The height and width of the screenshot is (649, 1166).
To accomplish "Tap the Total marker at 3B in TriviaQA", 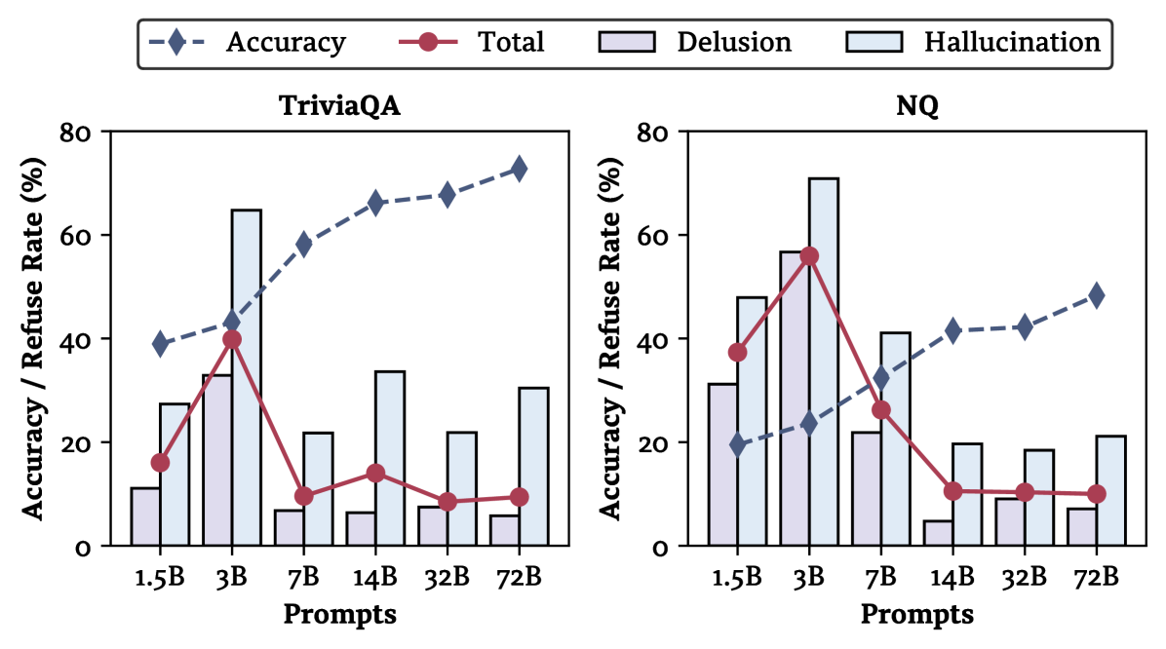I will [x=232, y=339].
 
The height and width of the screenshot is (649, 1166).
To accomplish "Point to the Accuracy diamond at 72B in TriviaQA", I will [x=519, y=169].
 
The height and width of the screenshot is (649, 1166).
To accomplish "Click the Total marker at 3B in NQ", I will [x=808, y=256].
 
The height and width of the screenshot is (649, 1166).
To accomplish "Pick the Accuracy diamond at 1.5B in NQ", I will [x=737, y=444].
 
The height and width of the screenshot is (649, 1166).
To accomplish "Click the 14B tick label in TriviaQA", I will [x=375, y=577].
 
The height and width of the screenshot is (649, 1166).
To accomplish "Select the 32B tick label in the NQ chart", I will [x=1024, y=577].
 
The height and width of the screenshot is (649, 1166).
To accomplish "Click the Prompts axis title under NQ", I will [x=916, y=615].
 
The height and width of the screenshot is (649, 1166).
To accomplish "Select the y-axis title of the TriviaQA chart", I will [x=31, y=338].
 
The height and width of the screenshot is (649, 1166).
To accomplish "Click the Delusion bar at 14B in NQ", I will [x=938, y=533].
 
